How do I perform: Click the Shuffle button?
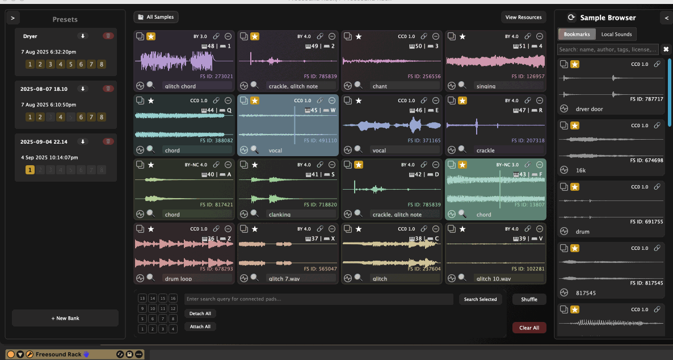point(529,299)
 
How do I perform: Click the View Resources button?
point(523,18)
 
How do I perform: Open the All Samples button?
point(156,17)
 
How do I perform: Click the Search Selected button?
point(480,299)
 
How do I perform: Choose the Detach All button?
point(200,313)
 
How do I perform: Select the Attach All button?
point(200,326)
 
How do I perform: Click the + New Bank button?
point(65,318)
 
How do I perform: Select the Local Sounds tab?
point(616,35)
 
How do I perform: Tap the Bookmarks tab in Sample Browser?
point(577,35)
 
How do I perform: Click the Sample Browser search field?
point(608,49)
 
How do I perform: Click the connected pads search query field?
point(318,299)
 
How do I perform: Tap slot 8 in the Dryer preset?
point(102,64)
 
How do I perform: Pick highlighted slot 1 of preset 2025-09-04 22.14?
point(30,170)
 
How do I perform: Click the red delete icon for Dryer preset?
point(107,36)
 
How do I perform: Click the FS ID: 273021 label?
point(216,76)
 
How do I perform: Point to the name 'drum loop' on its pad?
point(179,279)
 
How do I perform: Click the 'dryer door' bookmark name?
point(589,109)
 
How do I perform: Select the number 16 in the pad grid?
point(173,298)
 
